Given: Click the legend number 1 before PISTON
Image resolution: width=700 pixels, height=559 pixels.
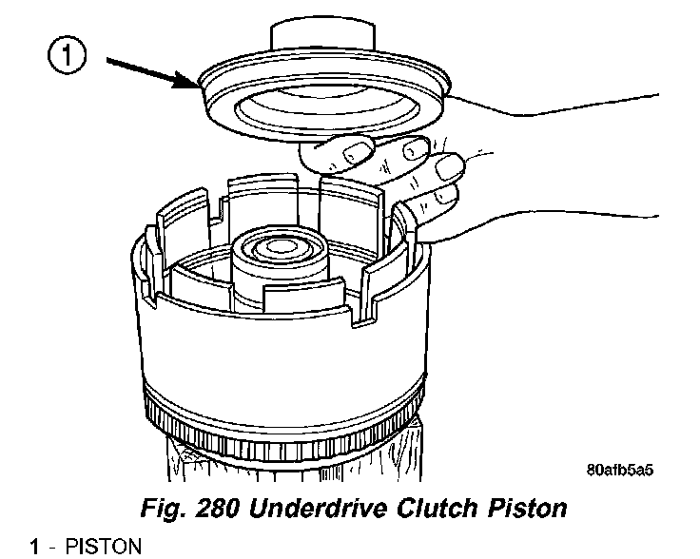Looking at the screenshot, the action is click(35, 546).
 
